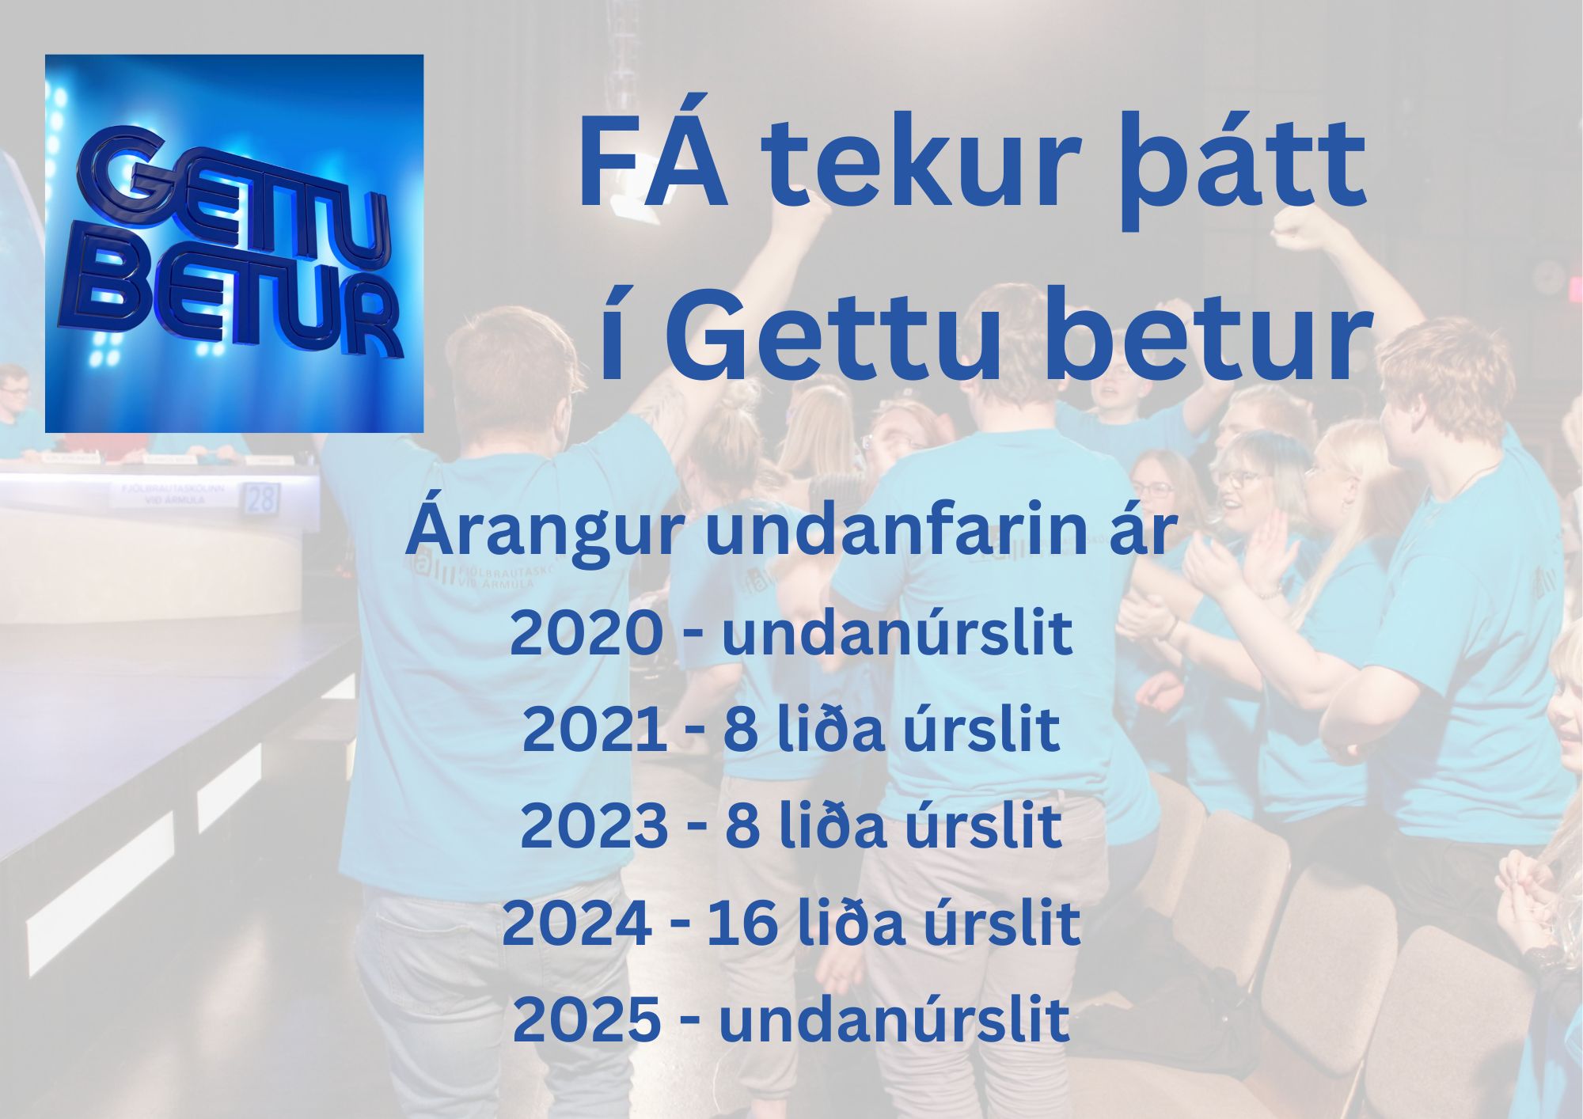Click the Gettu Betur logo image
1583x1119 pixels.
click(234, 243)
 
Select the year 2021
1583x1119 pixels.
click(594, 730)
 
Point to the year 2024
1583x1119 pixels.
click(578, 923)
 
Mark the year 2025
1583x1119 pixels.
click(587, 1019)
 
